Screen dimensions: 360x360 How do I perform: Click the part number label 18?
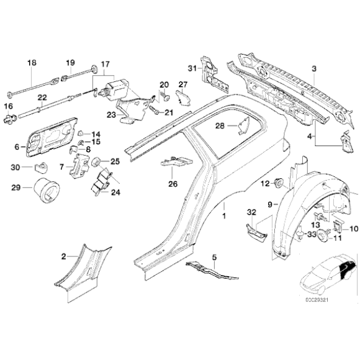point(32,63)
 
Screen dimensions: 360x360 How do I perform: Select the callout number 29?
point(17,187)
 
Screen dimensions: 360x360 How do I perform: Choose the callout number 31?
point(193,68)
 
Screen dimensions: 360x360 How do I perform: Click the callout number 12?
point(263,183)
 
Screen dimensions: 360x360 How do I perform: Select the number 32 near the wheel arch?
point(251,213)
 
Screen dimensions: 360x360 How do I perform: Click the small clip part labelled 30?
point(42,167)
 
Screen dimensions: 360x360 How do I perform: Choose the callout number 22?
point(42,97)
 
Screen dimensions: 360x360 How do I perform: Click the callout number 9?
point(270,203)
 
